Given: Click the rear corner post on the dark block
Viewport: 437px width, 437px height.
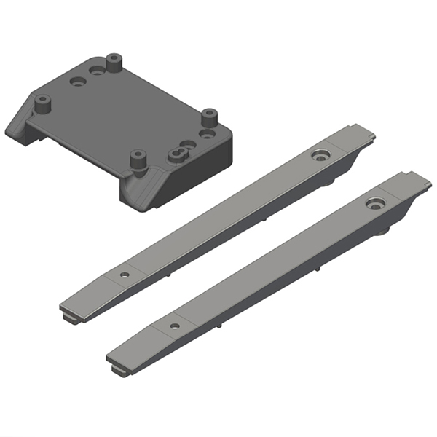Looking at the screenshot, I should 113,61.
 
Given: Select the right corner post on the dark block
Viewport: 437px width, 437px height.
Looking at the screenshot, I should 210,117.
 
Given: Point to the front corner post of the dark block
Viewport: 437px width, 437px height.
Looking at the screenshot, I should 135,159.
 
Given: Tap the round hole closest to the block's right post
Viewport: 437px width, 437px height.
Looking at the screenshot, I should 206,135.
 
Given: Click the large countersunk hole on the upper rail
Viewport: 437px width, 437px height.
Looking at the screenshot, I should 319,155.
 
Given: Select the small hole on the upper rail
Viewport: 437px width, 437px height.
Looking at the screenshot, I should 125,275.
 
